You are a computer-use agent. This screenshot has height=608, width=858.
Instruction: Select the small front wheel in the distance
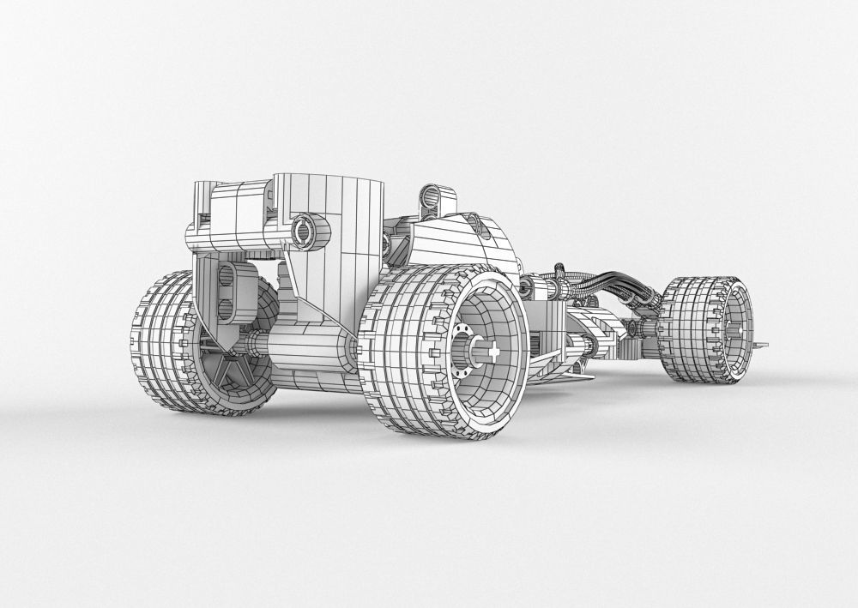708,329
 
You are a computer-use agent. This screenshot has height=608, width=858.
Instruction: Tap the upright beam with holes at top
434,199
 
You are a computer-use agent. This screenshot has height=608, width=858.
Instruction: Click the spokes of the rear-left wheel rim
226,370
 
